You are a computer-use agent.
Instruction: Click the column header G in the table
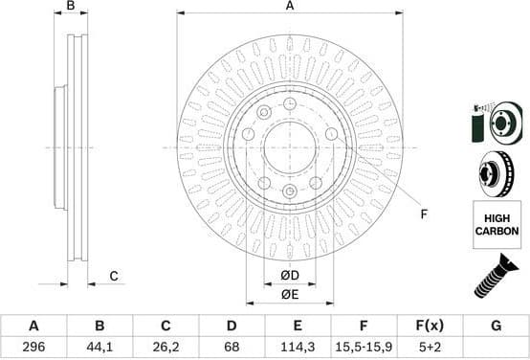(496, 326)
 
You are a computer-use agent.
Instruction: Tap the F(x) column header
(430, 326)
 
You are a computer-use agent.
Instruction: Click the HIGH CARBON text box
(497, 226)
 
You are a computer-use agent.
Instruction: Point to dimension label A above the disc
(291, 8)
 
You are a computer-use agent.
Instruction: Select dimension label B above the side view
(71, 8)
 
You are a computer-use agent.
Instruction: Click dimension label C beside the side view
(113, 277)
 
